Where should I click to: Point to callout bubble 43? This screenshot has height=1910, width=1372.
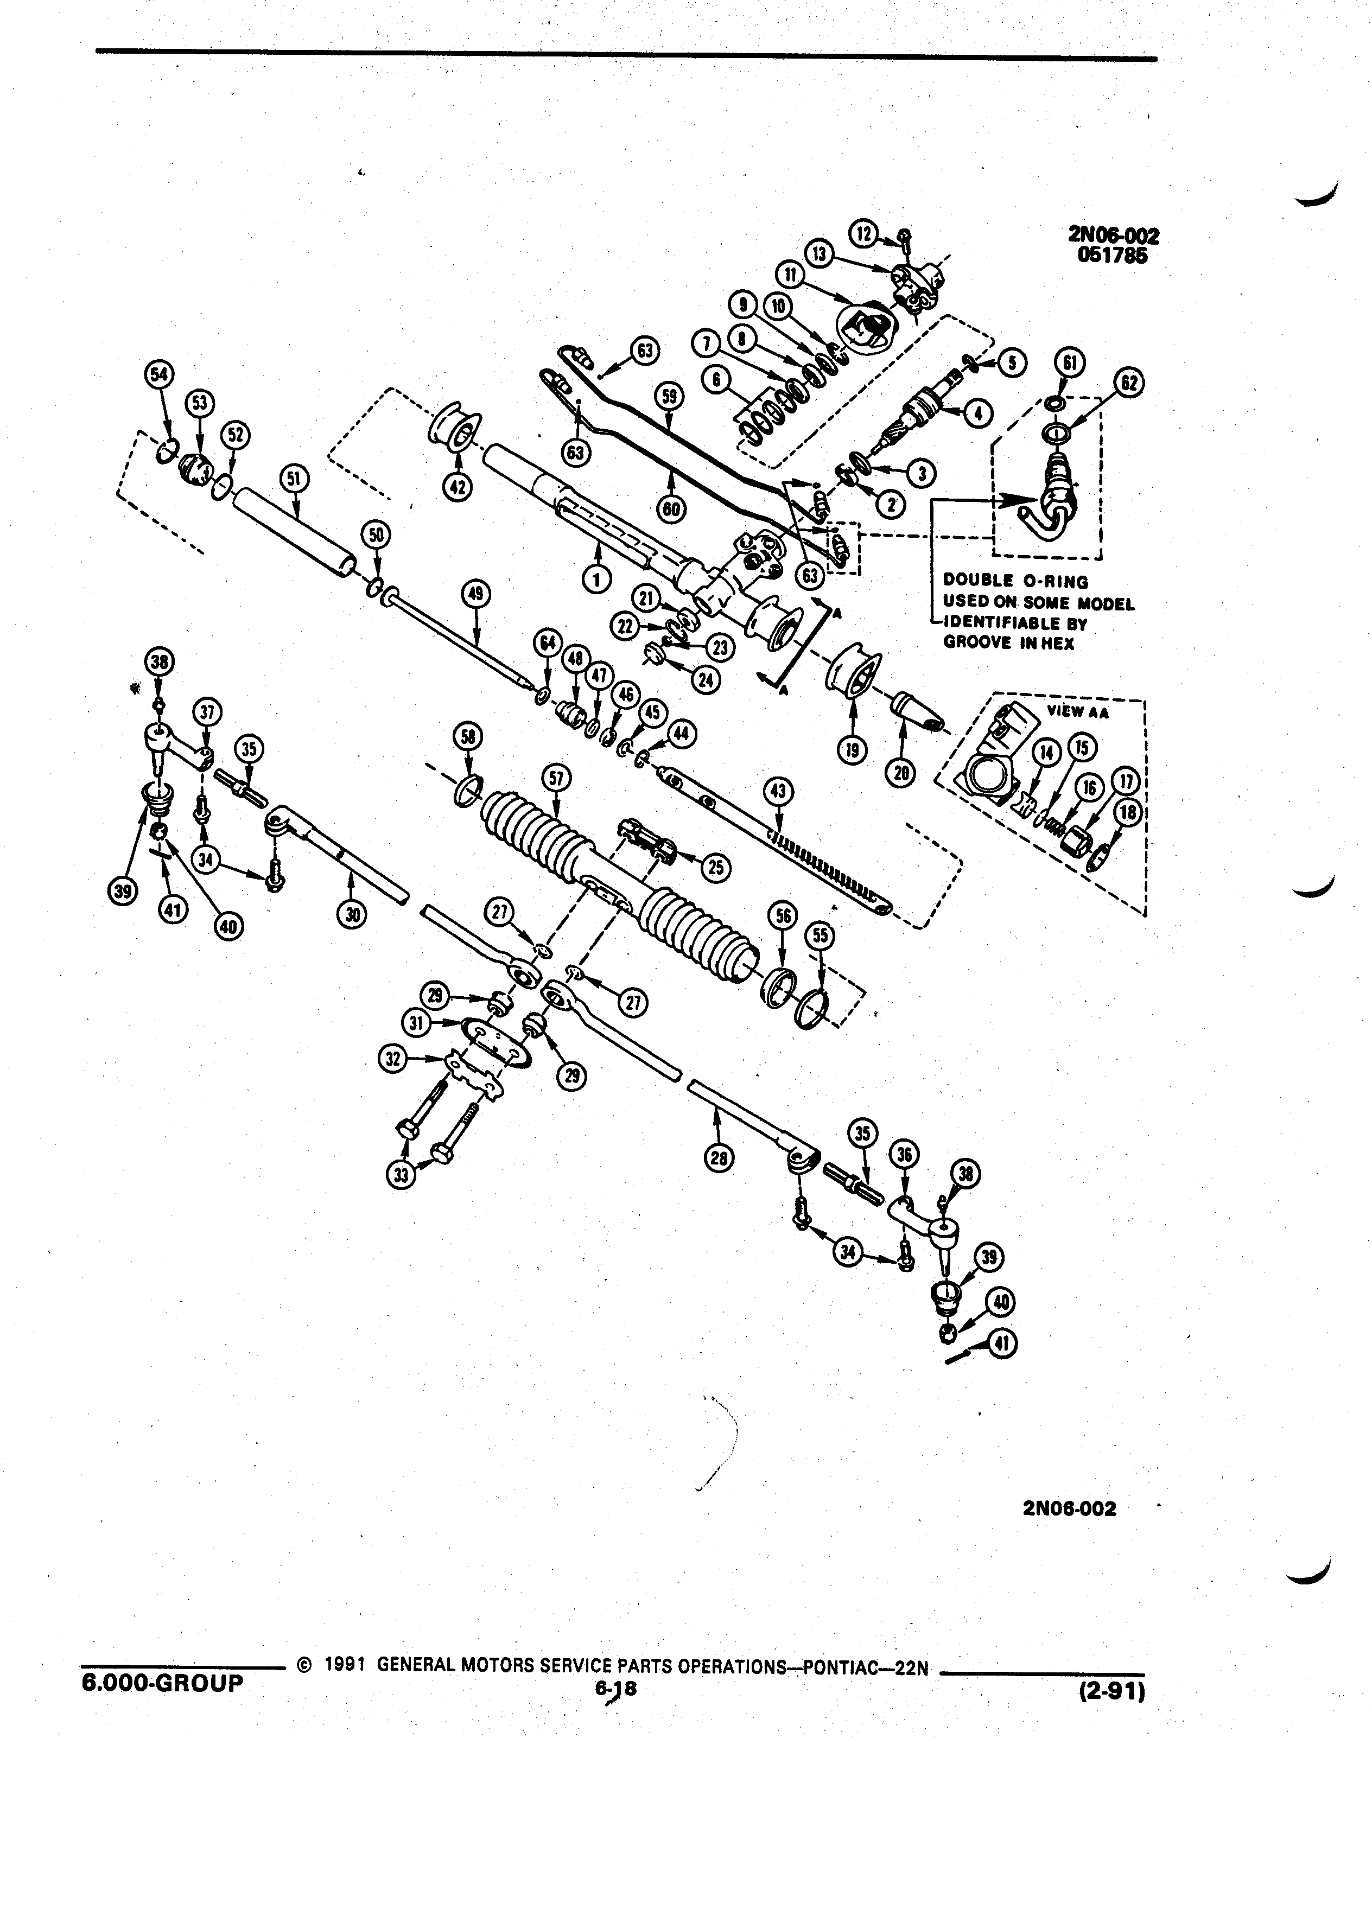778,791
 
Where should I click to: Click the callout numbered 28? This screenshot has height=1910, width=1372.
719,1159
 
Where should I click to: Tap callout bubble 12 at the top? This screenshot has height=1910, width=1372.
863,233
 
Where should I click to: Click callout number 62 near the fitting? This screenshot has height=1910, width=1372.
1129,383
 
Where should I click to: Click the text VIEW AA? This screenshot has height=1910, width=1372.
1078,711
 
